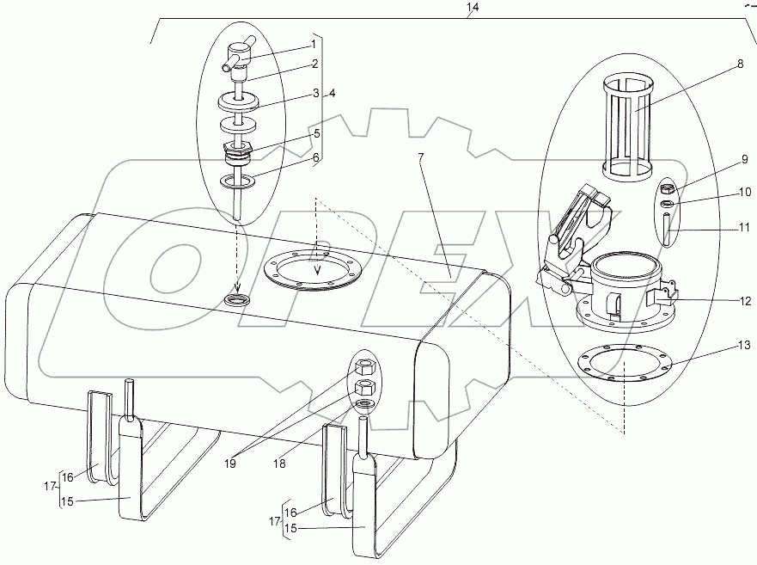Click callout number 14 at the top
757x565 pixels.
click(472, 8)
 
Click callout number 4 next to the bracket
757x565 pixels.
click(332, 93)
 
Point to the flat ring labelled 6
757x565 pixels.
click(237, 181)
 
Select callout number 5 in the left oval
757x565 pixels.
click(316, 134)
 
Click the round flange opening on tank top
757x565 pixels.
click(310, 269)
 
